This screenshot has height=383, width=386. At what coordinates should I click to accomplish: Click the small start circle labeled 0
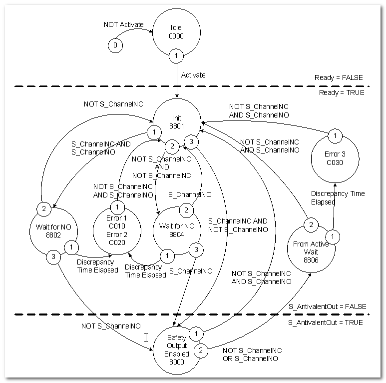click(x=115, y=45)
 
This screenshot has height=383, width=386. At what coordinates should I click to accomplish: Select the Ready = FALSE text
click(x=339, y=77)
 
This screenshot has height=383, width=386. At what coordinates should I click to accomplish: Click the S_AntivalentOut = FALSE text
click(x=327, y=306)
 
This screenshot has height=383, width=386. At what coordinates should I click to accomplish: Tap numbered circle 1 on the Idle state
click(x=176, y=55)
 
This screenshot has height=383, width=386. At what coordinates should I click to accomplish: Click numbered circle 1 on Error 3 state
click(x=335, y=136)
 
